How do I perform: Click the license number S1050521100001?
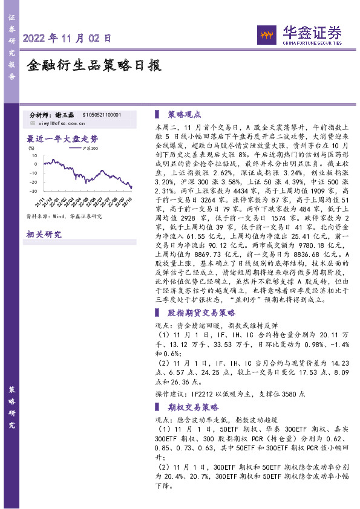pyautogui.click(x=102, y=115)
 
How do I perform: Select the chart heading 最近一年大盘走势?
pyautogui.click(x=62, y=138)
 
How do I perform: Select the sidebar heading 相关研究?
pyautogui.click(x=44, y=235)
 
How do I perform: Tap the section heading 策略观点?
pyautogui.click(x=185, y=114)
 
